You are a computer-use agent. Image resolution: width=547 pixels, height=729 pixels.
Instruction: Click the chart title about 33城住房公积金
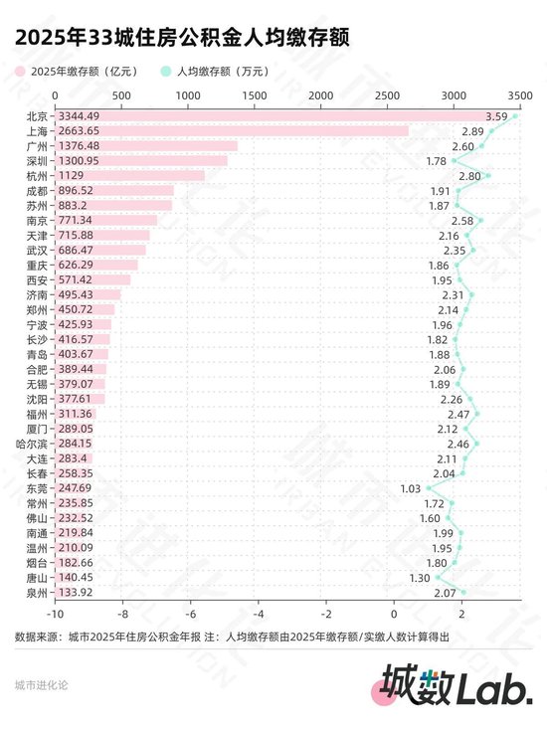[181, 37]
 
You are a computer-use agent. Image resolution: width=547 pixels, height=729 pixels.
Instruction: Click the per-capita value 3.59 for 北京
[496, 116]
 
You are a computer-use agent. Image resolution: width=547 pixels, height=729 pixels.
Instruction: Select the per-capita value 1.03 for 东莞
[411, 488]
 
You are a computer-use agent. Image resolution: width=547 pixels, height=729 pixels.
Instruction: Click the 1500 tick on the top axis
[254, 94]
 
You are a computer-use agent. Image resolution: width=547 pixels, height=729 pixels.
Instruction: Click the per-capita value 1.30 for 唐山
[419, 578]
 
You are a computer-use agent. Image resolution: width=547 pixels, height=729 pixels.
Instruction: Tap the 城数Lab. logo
[457, 685]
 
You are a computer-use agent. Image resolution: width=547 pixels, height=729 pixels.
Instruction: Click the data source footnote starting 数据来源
[233, 637]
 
